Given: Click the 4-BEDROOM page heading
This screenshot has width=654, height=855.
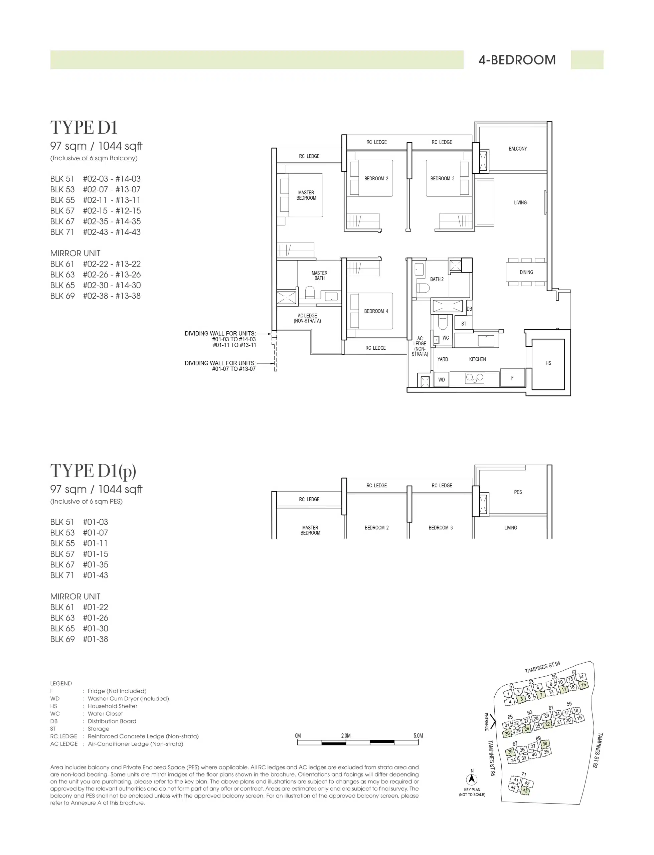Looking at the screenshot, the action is click(x=517, y=60).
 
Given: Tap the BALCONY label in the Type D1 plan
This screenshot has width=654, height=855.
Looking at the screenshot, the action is click(x=518, y=149).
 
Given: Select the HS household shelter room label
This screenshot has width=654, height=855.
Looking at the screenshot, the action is click(x=548, y=363).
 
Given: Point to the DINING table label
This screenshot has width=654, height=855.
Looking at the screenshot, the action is click(x=526, y=272).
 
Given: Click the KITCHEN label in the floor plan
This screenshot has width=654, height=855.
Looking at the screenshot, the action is click(x=477, y=359).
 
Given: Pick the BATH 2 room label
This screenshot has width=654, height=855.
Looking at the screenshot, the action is click(x=437, y=279).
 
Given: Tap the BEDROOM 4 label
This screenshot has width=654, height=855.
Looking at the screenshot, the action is click(x=376, y=311).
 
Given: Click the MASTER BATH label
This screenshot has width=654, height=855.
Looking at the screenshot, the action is click(x=320, y=276).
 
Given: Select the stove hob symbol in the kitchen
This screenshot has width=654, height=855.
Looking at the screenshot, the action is click(x=475, y=377).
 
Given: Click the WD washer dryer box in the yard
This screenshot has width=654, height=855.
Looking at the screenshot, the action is click(x=442, y=379).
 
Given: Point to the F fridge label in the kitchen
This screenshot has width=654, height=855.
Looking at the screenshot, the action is click(x=512, y=377).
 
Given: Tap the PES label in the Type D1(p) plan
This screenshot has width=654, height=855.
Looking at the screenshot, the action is click(x=518, y=492).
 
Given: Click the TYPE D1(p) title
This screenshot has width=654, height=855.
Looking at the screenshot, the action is click(x=93, y=471).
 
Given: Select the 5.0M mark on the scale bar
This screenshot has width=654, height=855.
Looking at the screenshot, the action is click(x=418, y=735).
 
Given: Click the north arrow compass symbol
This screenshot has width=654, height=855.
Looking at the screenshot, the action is click(x=472, y=779).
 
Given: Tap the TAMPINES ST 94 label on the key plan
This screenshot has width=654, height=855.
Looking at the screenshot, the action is click(x=542, y=667).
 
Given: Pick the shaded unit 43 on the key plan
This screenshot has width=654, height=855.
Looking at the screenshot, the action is click(x=525, y=791).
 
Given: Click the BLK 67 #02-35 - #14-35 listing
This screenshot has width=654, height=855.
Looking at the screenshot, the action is click(x=96, y=221).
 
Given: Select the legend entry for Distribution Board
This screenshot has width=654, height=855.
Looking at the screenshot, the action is click(x=93, y=721).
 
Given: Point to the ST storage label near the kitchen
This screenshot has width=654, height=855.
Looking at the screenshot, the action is click(x=464, y=323).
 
